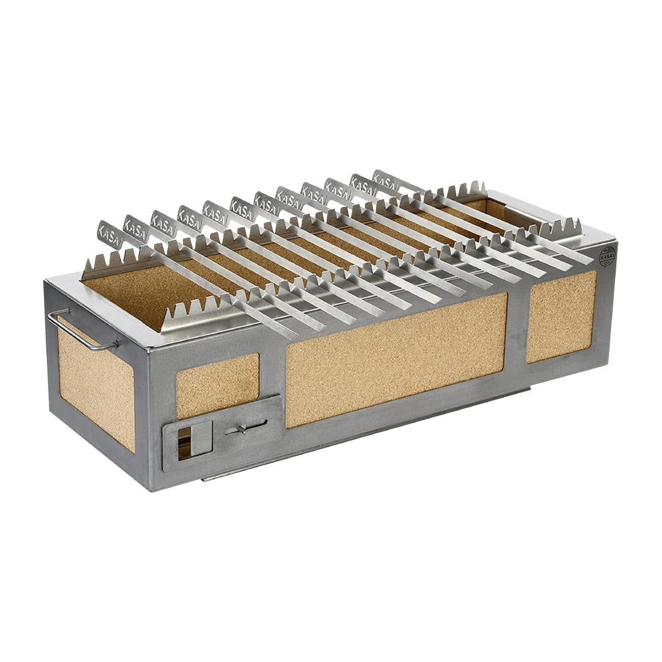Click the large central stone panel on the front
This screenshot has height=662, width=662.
395,358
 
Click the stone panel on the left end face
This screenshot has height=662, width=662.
96,388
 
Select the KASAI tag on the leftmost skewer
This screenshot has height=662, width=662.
110,232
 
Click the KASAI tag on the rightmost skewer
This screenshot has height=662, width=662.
385,179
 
